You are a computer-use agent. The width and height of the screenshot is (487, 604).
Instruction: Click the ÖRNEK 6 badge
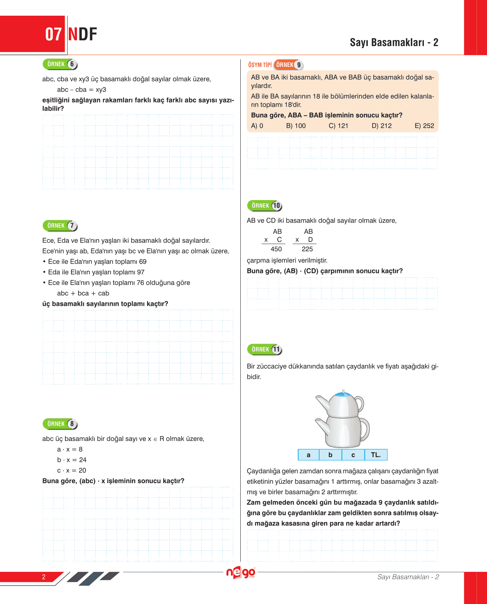pos(60,64)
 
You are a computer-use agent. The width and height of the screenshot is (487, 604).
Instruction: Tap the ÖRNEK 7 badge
pos(60,226)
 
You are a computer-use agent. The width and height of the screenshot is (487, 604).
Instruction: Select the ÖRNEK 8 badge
pos(60,424)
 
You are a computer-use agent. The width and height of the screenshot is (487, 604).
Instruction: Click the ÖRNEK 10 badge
pos(264,206)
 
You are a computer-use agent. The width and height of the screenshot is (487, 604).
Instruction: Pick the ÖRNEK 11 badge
pos(264,349)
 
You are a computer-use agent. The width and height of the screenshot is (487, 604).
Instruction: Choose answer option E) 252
pos(424,126)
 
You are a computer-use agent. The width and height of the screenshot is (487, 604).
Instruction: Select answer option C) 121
pos(338,126)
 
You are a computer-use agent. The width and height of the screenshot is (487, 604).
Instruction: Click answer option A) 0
pos(257,126)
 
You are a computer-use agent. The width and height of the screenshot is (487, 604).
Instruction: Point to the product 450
pos(276,249)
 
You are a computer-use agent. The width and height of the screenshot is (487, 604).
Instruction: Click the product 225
pos(307,249)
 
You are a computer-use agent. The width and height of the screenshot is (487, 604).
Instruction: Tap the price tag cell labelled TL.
pos(376,455)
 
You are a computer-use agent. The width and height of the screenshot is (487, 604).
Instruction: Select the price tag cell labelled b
pos(330,455)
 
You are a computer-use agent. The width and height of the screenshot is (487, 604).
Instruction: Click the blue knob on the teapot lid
pos(343,393)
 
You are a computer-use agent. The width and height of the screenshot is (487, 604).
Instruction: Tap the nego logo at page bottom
pos(241,573)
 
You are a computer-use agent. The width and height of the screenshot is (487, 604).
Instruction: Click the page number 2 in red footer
pos(44,577)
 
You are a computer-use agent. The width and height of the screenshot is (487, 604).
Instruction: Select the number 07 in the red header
pos(53,34)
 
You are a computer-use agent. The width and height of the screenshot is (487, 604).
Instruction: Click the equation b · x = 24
pos(72,460)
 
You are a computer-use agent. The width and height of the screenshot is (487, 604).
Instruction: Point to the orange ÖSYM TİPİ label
pos(260,65)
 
